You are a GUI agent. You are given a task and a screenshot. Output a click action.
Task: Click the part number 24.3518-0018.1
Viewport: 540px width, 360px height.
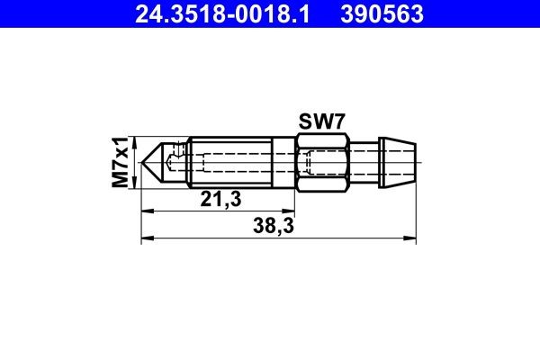225,14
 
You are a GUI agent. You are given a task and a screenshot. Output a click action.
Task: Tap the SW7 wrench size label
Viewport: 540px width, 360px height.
321,121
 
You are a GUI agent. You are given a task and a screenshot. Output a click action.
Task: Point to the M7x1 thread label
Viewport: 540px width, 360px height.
119,163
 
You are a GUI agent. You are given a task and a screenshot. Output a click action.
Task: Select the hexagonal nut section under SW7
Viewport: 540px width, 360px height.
321,164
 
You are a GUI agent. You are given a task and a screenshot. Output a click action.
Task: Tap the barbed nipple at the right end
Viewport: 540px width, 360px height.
399,164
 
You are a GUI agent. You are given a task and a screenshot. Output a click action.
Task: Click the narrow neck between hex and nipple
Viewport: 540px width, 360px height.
364,164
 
